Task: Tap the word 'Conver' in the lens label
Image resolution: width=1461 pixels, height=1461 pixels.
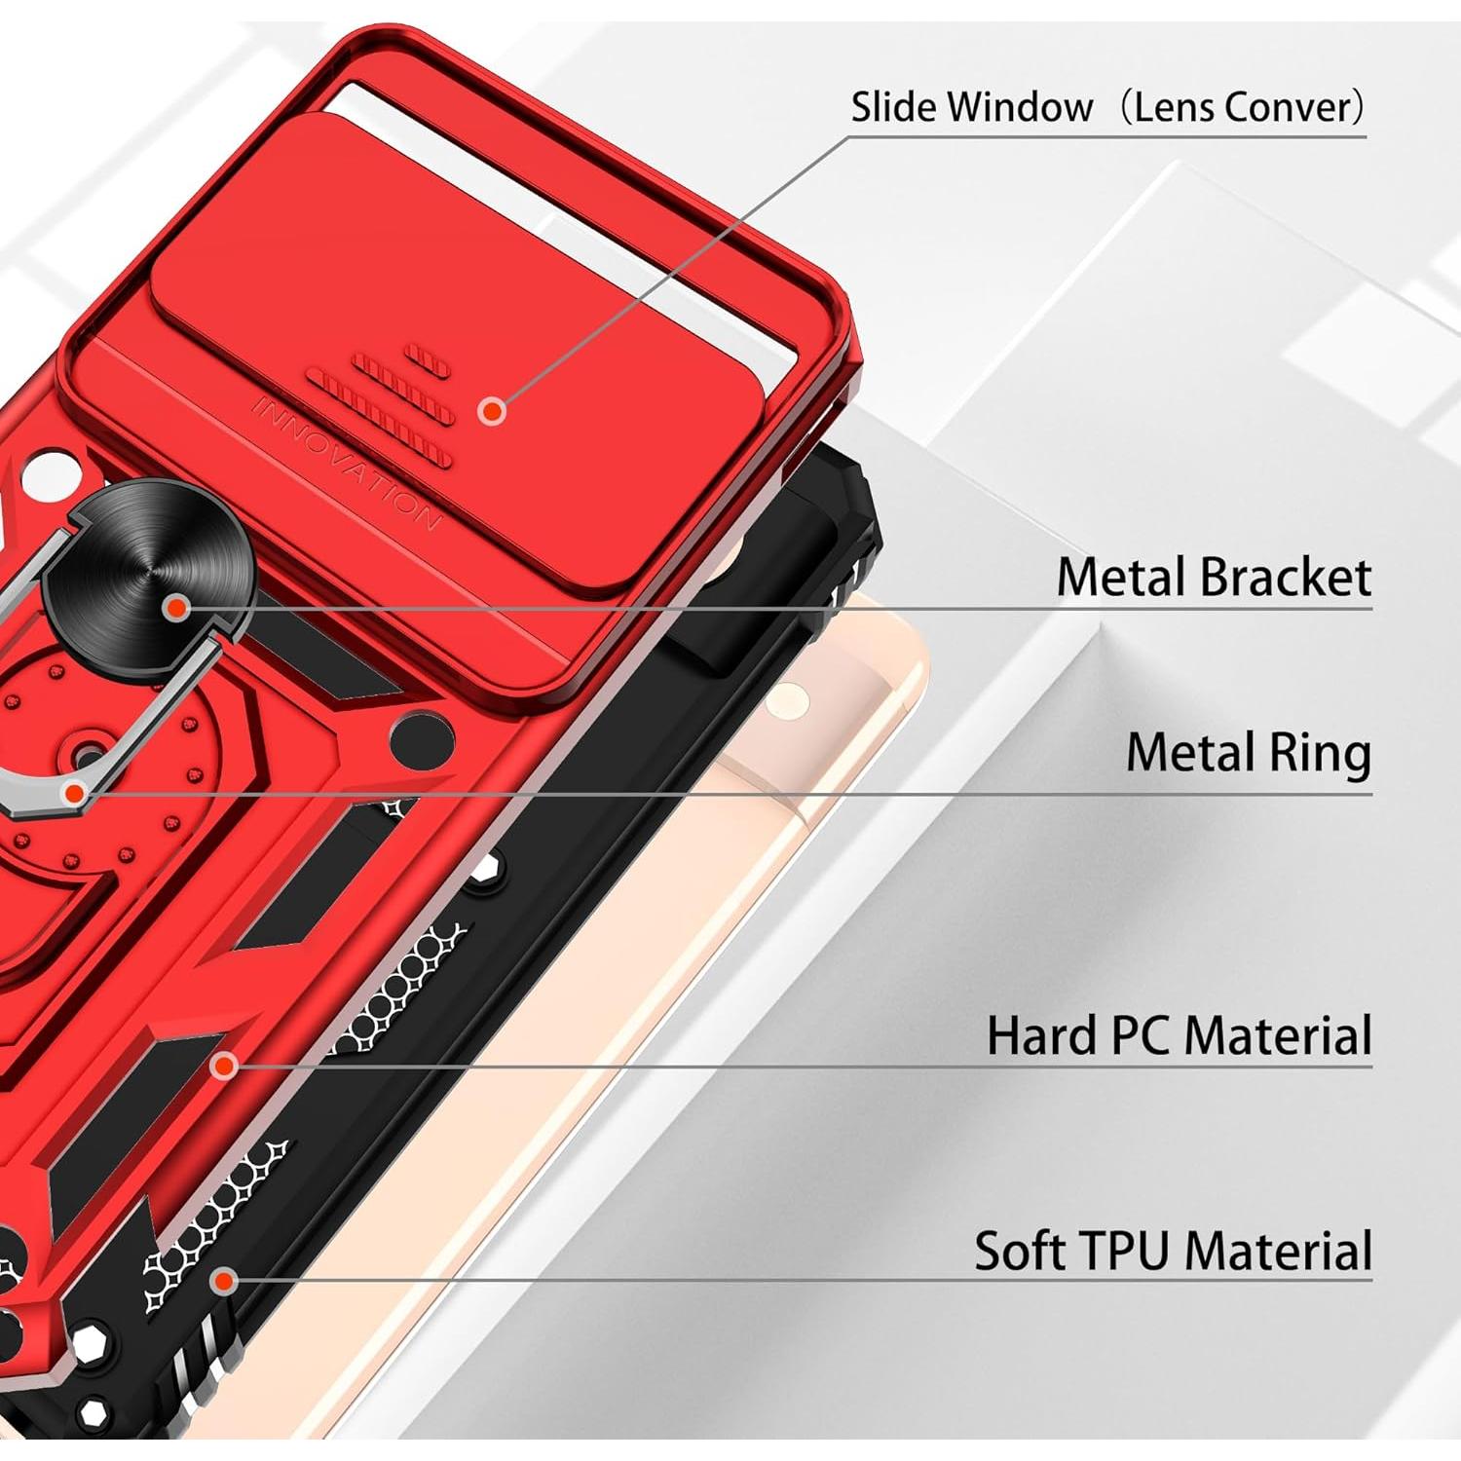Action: pyautogui.click(x=1294, y=107)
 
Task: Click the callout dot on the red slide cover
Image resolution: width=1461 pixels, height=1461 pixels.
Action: pyautogui.click(x=493, y=410)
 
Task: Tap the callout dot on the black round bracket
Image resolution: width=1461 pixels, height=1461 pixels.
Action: pyautogui.click(x=176, y=608)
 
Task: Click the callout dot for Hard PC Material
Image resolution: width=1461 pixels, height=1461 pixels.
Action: pyautogui.click(x=225, y=1067)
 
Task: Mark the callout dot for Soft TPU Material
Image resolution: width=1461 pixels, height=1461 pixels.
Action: pyautogui.click(x=225, y=1281)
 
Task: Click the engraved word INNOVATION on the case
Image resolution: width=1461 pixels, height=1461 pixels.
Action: pyautogui.click(x=345, y=464)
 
